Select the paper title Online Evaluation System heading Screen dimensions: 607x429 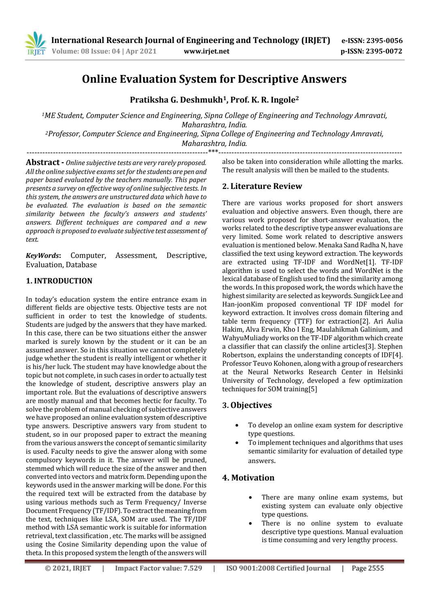[x=214, y=79]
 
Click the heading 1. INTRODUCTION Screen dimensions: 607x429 [x=59, y=281]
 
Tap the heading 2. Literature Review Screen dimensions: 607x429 [x=262, y=187]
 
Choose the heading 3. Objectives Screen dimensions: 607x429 [x=247, y=405]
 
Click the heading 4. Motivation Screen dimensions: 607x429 [x=249, y=478]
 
